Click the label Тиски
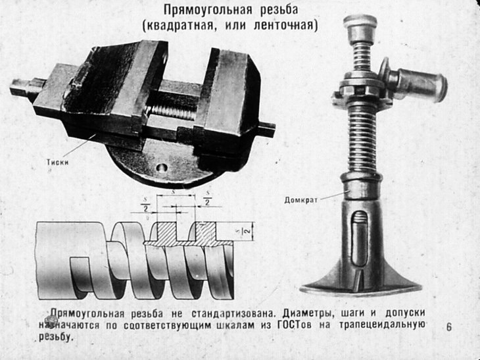59,159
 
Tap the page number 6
449,326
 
